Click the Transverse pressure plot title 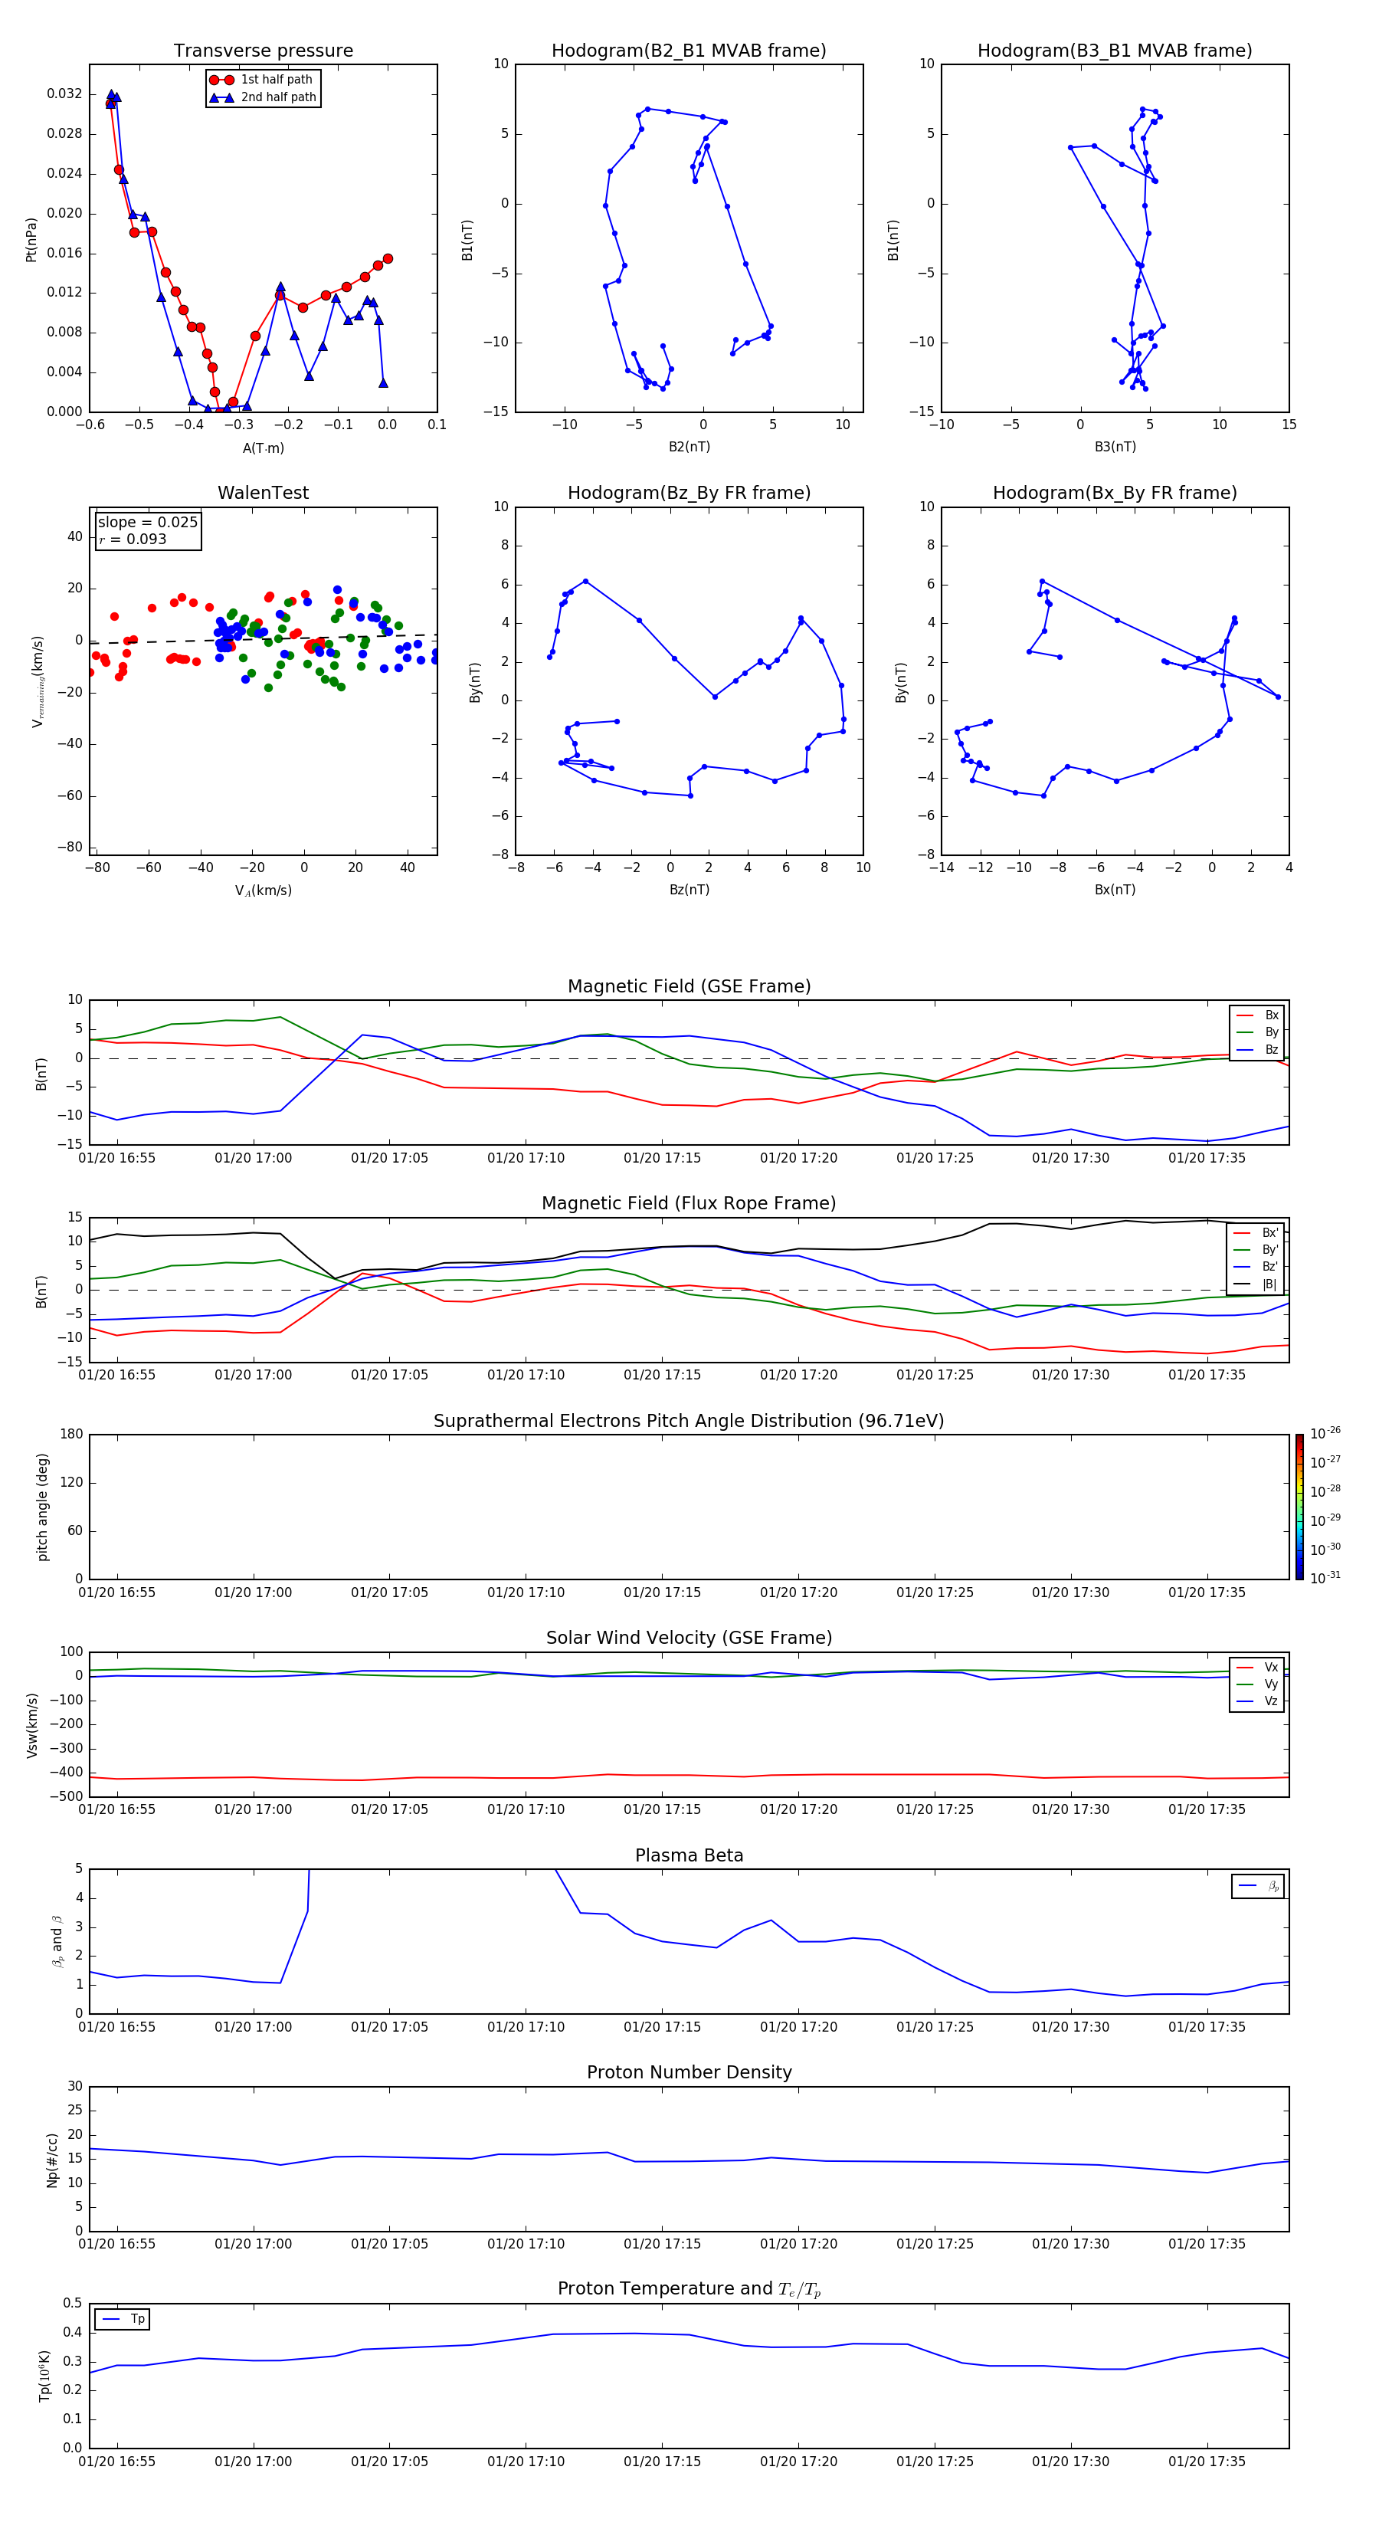[x=263, y=51]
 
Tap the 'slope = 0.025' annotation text [x=147, y=523]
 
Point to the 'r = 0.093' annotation [x=133, y=539]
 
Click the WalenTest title [x=263, y=493]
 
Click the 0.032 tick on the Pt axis [x=65, y=94]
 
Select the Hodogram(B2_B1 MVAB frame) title [x=688, y=51]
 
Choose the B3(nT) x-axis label [x=1115, y=447]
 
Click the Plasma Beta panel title [x=689, y=1855]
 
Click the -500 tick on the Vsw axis [x=67, y=1796]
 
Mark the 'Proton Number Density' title [x=689, y=2072]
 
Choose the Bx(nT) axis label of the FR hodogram [x=1115, y=890]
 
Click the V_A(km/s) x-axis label [x=263, y=891]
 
